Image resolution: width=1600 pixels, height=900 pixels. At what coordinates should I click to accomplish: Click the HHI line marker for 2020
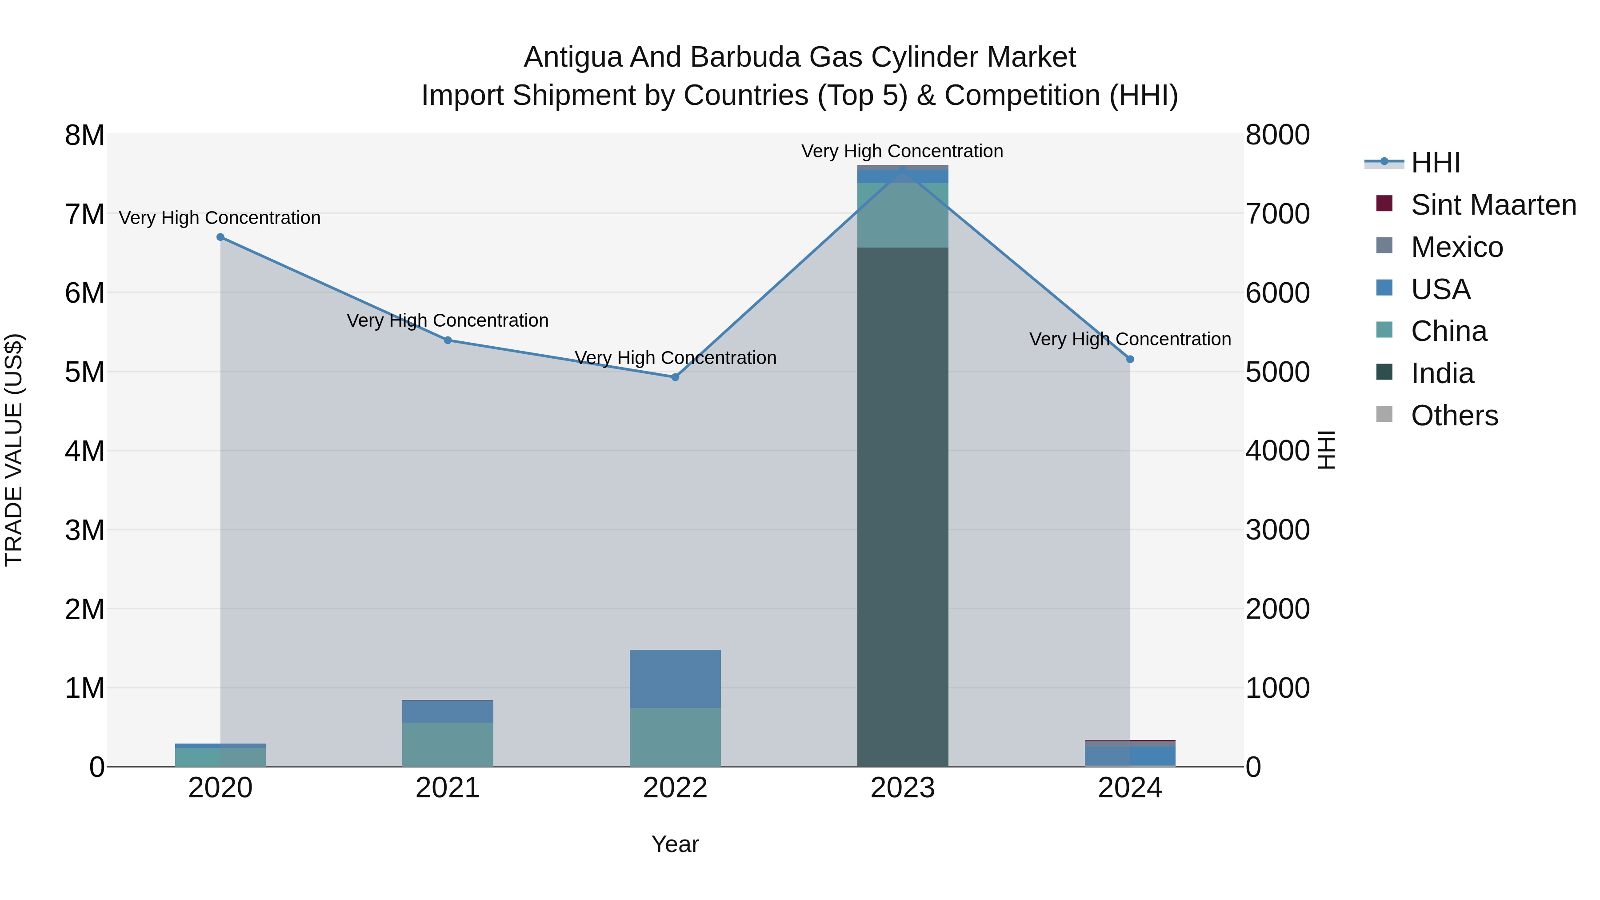click(220, 237)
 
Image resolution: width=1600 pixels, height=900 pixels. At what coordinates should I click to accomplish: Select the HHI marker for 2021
click(448, 340)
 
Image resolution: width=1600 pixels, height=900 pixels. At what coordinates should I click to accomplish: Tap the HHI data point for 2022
click(675, 377)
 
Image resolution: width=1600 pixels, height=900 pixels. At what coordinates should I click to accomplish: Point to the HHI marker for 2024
click(1130, 360)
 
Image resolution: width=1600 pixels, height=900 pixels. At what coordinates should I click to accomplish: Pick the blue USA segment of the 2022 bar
click(675, 679)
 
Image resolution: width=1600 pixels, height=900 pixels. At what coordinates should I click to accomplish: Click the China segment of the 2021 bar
click(448, 744)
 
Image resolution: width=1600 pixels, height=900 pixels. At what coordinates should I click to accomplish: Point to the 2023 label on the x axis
click(903, 788)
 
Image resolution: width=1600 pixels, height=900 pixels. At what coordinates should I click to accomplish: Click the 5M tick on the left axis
click(85, 372)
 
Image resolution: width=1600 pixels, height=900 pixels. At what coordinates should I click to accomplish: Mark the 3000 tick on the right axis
click(1278, 530)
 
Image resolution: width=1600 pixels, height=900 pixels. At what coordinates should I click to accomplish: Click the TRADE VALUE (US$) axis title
click(14, 450)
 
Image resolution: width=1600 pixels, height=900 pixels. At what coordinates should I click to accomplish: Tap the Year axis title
click(675, 844)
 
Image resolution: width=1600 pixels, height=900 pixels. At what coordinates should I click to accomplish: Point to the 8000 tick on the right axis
click(1278, 135)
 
